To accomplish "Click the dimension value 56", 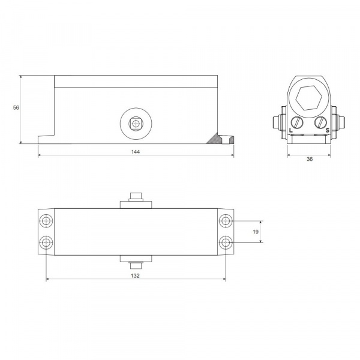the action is coord(16,107).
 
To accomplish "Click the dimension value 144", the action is coord(136,152).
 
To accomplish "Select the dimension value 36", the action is coord(310,159).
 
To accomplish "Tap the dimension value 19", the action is coord(256,232).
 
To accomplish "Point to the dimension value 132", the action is coord(135,276).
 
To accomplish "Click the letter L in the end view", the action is coord(291,130).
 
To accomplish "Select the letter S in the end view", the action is coord(328,130).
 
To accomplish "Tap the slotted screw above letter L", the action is coord(297,122).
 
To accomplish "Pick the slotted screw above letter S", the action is coord(320,122).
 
